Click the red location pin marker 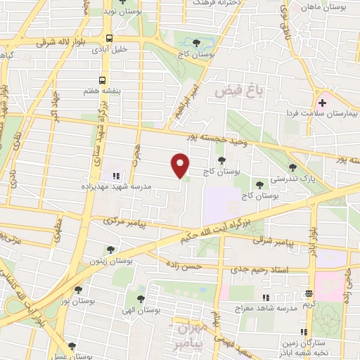pos(181,165)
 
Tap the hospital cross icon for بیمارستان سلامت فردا pos(323,103)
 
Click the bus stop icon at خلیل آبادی pos(109,39)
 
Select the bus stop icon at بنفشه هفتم pos(103,80)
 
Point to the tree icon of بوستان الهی pos(143,289)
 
